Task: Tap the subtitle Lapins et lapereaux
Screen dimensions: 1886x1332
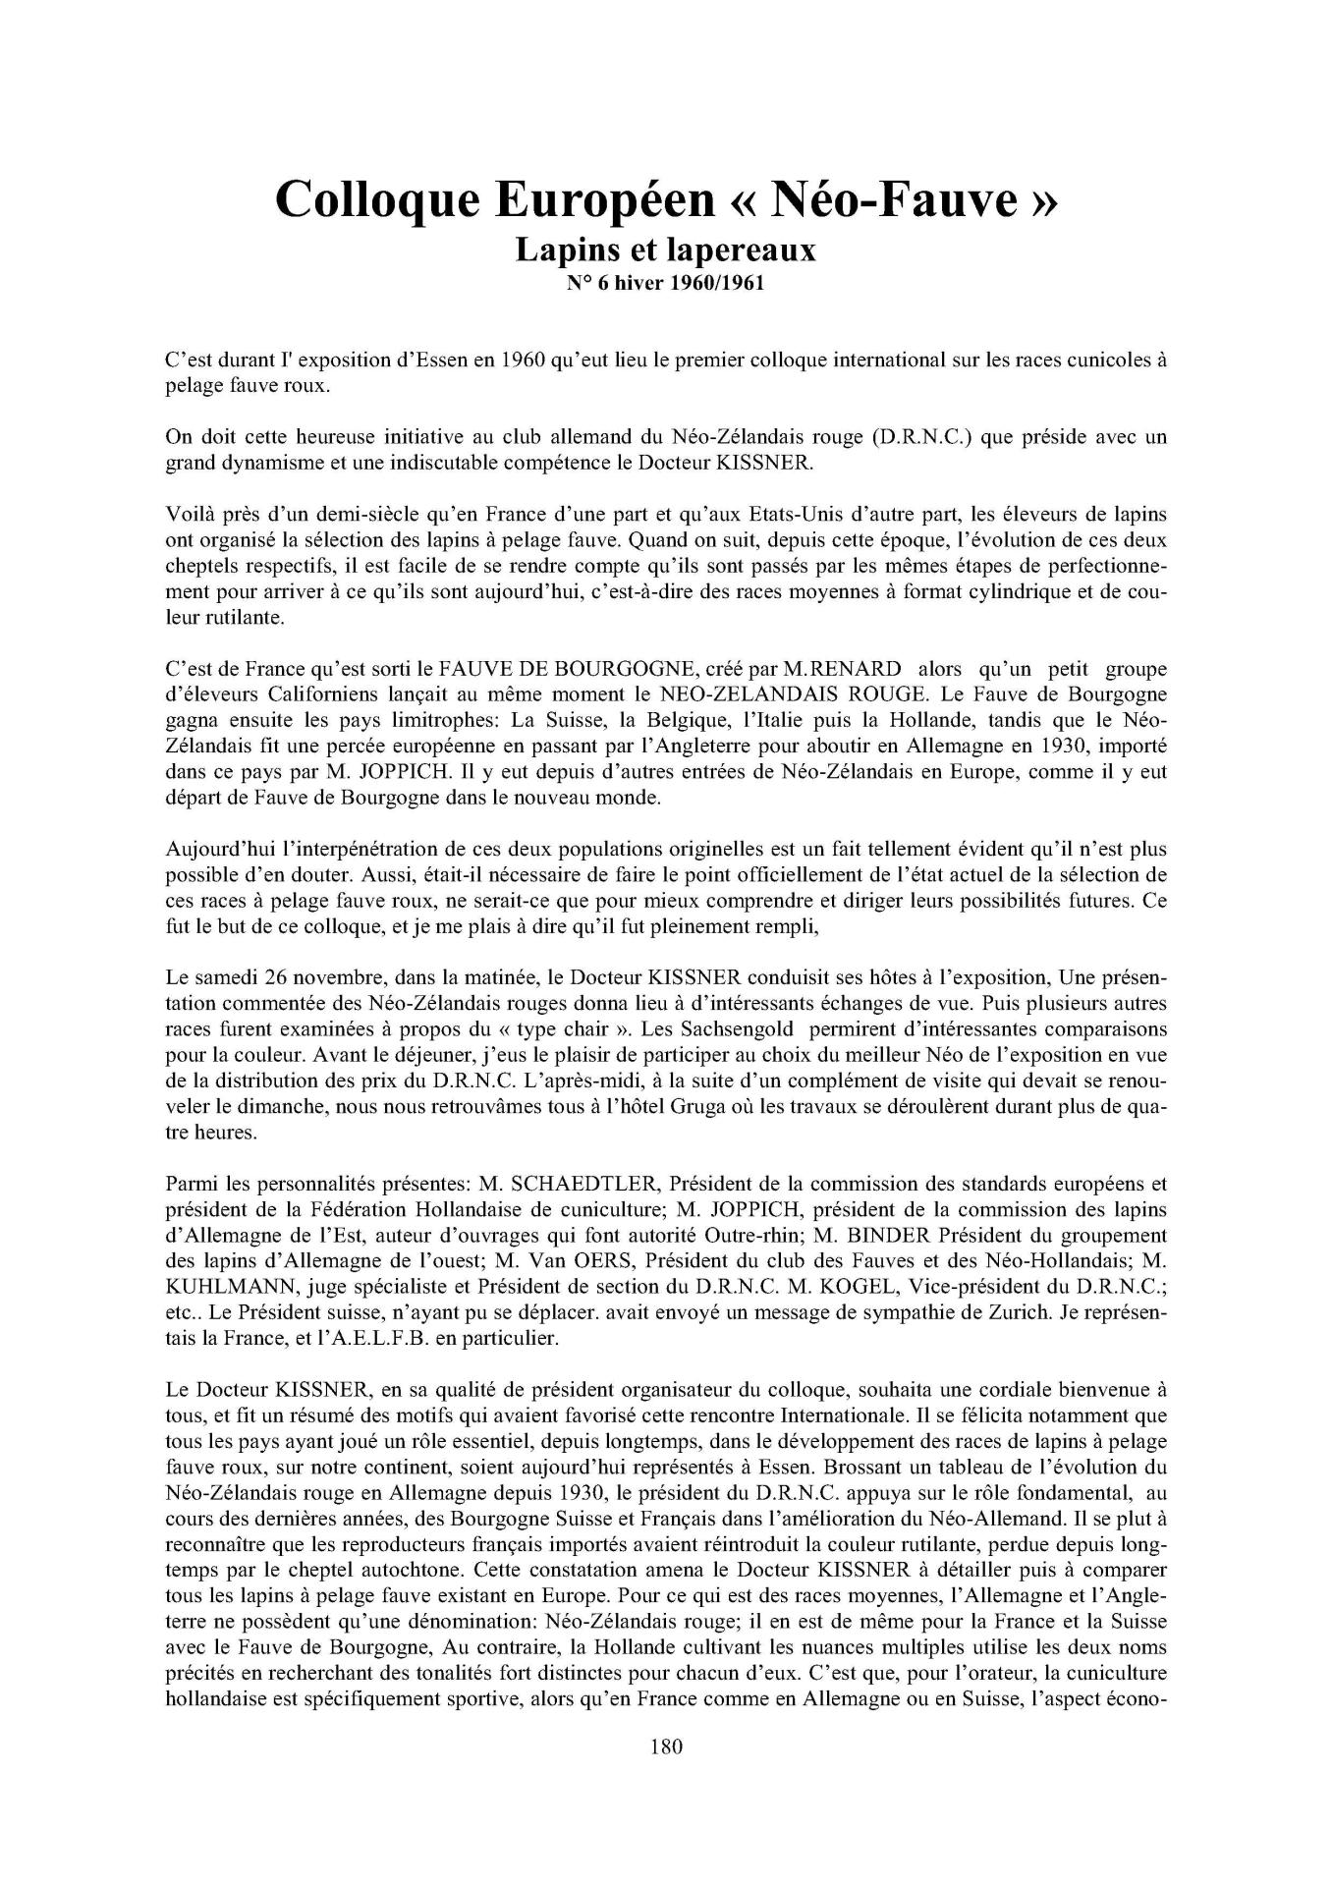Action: (666, 251)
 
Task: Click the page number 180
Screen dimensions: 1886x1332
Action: (666, 1747)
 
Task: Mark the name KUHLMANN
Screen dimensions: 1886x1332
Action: (229, 1286)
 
